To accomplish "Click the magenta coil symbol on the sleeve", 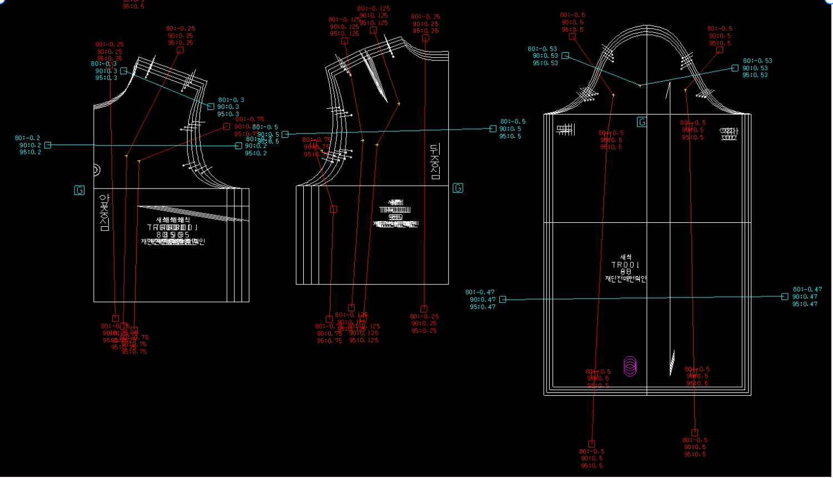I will click(630, 366).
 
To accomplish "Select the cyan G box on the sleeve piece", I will click(641, 122).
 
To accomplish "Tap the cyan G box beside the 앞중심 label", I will click(79, 190).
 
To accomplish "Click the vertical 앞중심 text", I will click(104, 212).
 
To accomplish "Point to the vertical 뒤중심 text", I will click(435, 162).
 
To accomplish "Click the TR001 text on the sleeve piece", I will click(625, 265).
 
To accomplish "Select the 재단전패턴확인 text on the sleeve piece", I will click(626, 278).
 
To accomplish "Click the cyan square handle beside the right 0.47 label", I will click(785, 296).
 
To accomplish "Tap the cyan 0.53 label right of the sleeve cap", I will click(757, 68).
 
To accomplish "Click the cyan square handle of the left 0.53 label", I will click(565, 56).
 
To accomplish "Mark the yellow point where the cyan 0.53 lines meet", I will click(640, 85).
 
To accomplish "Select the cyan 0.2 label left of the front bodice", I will click(29, 145).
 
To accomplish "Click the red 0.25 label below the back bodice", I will click(424, 323).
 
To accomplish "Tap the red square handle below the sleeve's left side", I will click(591, 444).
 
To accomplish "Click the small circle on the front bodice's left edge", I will click(96, 170).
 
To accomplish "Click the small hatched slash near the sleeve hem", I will click(673, 362).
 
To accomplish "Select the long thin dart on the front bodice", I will click(192, 213).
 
